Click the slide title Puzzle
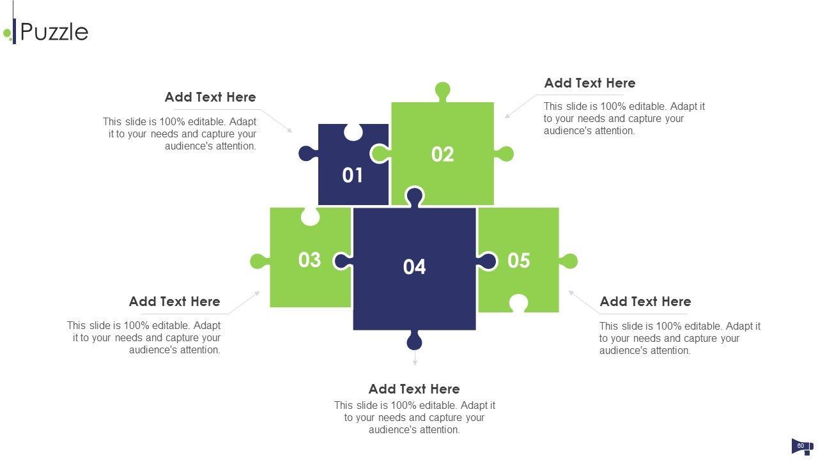(54, 32)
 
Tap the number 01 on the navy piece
(352, 175)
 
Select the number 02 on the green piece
(442, 154)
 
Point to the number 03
(309, 260)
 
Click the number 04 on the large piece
(414, 267)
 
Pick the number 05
(518, 261)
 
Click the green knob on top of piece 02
(443, 91)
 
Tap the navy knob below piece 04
(414, 341)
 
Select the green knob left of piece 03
(259, 261)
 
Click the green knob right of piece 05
(569, 261)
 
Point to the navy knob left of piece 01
(308, 154)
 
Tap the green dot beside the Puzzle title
(7, 34)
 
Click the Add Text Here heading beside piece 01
(210, 97)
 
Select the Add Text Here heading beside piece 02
(590, 83)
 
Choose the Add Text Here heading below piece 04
(414, 389)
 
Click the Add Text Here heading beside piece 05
(645, 302)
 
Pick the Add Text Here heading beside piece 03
(174, 302)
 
